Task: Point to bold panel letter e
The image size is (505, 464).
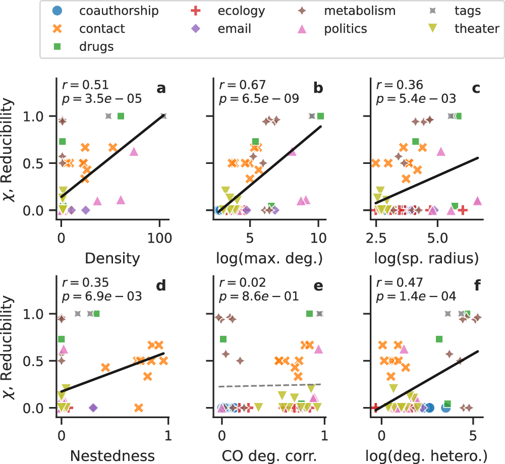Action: [x=318, y=286]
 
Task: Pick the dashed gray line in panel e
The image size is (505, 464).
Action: [x=272, y=385]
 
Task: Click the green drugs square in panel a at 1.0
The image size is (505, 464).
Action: [x=121, y=116]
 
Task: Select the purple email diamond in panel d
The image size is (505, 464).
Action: [x=93, y=408]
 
